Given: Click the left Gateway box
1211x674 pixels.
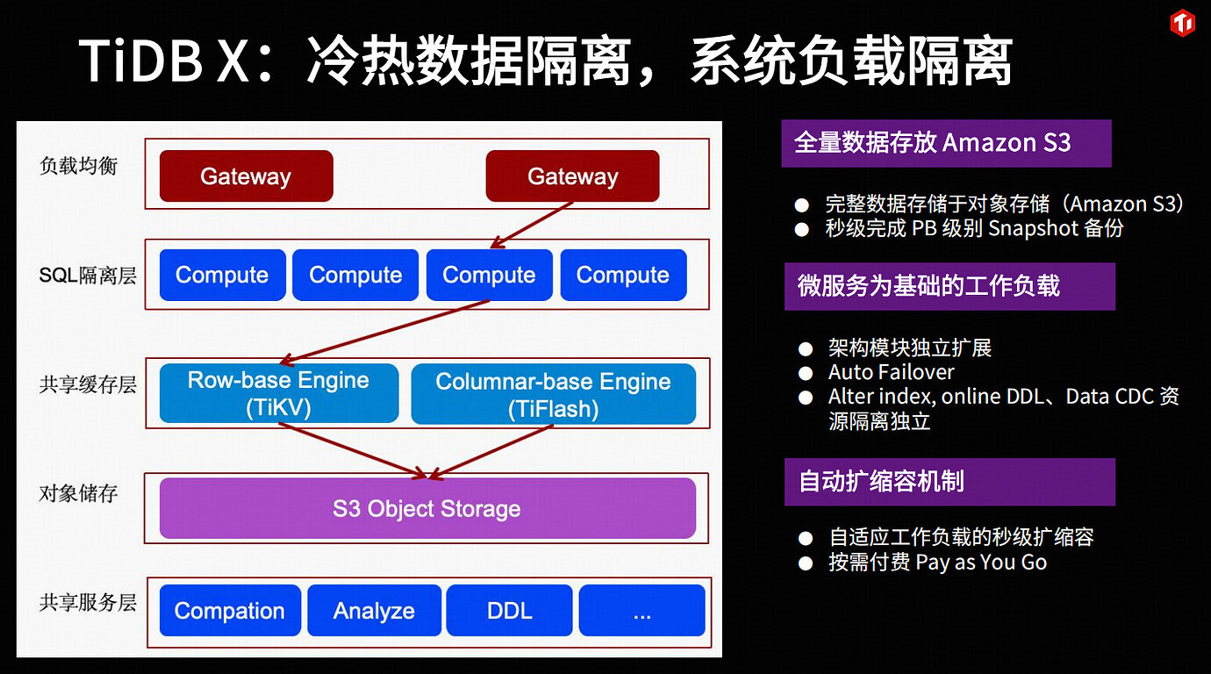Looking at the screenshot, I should click(246, 176).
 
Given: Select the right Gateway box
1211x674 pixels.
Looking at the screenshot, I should click(572, 176).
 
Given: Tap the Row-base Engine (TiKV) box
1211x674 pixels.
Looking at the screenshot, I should click(279, 394).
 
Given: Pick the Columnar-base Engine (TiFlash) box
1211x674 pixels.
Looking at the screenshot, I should click(553, 394).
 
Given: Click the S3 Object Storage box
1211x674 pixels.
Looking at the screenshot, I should click(427, 508).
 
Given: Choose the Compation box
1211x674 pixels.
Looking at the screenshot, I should click(230, 611).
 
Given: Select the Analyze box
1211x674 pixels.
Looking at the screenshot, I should click(374, 611).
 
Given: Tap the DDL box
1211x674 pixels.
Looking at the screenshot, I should click(509, 611).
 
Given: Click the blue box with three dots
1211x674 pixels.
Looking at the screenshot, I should click(641, 611).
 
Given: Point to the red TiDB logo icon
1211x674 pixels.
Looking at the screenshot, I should click(1182, 24).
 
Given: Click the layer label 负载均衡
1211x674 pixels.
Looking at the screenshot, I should click(79, 166).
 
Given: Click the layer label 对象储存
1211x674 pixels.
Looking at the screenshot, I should click(79, 493).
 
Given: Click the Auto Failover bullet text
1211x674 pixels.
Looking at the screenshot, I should click(892, 372).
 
